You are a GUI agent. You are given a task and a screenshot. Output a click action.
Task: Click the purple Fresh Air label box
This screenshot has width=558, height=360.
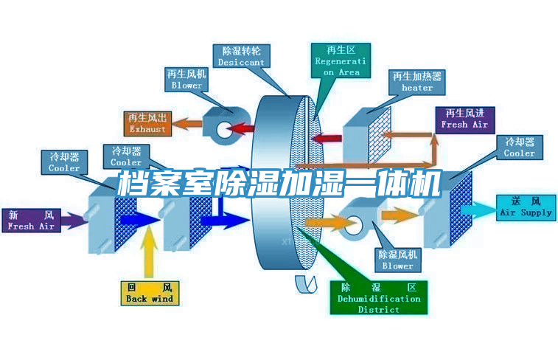tap(32, 221)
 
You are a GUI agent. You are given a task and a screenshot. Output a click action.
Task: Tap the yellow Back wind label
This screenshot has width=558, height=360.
tap(149, 293)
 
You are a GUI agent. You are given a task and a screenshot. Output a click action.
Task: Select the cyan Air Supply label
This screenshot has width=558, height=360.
tap(525, 207)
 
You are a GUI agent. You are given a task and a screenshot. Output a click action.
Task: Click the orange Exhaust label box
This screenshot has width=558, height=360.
tap(147, 123)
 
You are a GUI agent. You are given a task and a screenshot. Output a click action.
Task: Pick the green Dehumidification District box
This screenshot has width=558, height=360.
tap(379, 297)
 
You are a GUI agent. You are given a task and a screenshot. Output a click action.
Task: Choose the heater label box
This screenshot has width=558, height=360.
tap(417, 82)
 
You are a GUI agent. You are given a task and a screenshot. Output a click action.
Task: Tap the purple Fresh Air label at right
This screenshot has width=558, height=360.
tap(464, 119)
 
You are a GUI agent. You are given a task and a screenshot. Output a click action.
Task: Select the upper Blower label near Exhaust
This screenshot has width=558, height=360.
tap(186, 80)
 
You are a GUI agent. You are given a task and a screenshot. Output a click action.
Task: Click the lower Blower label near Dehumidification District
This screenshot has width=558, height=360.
tap(398, 260)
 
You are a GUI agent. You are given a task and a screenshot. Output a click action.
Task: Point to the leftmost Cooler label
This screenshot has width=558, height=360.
tap(64, 162)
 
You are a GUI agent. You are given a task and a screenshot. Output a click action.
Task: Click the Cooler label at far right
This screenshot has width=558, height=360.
tap(520, 148)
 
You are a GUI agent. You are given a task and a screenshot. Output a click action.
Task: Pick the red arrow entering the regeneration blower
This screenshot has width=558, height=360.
tap(243, 130)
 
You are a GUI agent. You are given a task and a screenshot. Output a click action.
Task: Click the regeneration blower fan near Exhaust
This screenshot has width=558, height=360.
tap(221, 126)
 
